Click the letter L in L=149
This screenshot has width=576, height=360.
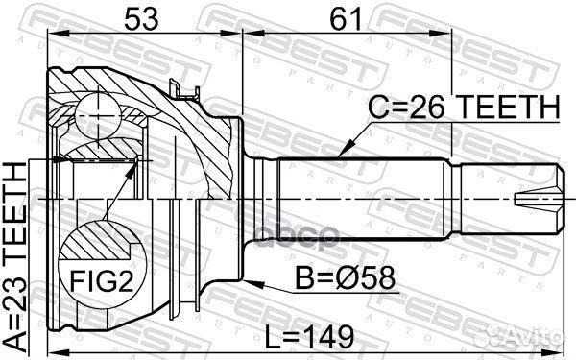point(279,335)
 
